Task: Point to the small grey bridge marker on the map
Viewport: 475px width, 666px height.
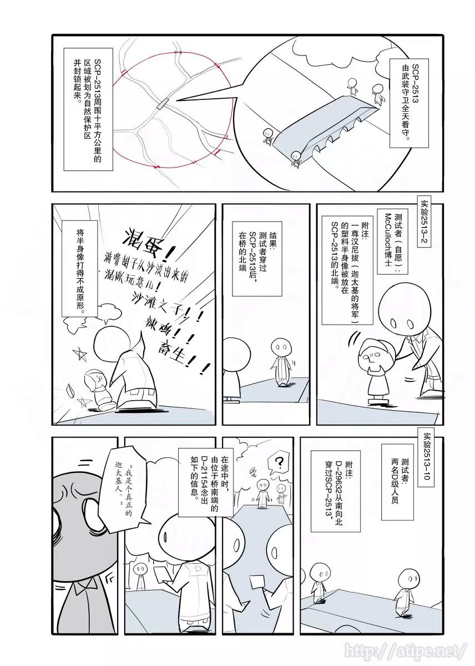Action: click(163, 104)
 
